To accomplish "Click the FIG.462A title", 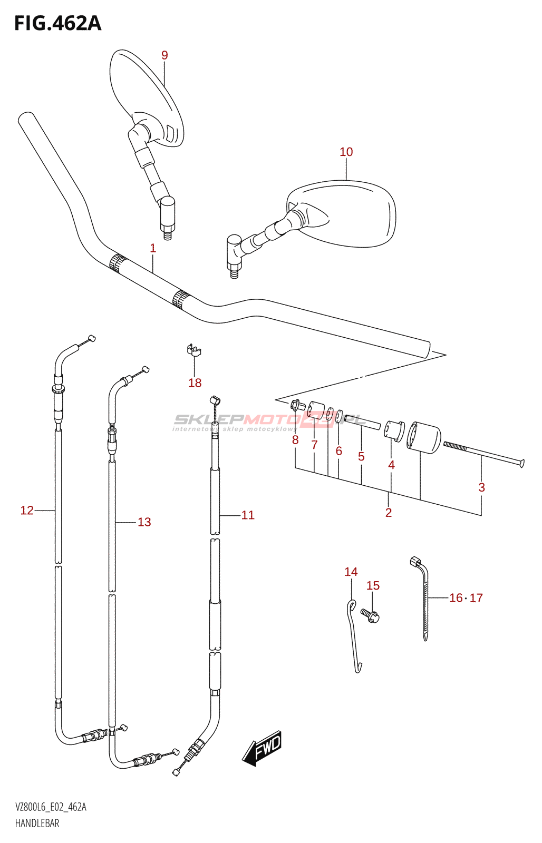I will coord(57,23).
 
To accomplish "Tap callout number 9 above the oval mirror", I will coord(164,55).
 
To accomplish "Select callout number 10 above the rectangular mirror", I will coord(346,152).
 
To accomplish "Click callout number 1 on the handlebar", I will coord(153,248).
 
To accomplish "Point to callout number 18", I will coord(195,383).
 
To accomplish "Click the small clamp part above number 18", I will coord(194,350).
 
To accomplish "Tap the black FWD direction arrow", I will coord(263,748).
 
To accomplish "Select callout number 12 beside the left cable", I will coord(27,510).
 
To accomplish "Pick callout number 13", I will coord(144,522).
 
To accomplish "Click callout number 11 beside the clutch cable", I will coord(248,515).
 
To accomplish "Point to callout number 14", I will coord(351,572).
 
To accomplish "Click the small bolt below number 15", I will coord(371,615).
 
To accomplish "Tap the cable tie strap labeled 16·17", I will coord(424,601).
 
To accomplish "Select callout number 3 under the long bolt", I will coord(481,488).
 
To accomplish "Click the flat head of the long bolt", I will coord(521,463).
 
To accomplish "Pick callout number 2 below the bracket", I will coord(389,513).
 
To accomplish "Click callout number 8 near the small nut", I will coord(295,440).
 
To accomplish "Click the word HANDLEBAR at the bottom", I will coord(37,823).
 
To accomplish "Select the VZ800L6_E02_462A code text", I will coord(51,807).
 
